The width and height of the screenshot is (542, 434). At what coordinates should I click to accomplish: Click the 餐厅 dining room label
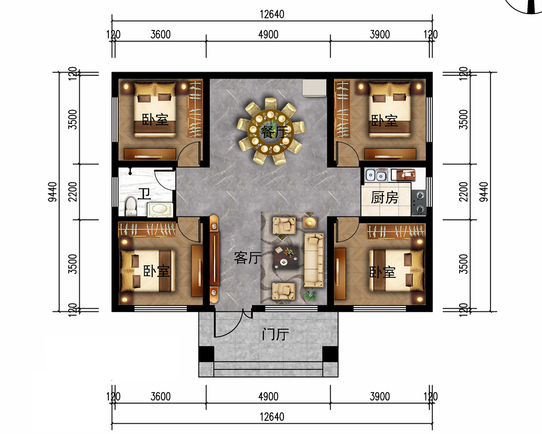click(274, 132)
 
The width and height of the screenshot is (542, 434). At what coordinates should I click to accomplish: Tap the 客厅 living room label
click(248, 258)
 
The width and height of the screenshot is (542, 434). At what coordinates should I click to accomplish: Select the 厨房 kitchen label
click(385, 197)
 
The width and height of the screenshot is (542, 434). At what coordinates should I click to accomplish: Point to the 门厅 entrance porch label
click(275, 335)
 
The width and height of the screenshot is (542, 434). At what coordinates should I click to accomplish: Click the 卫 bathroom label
click(144, 194)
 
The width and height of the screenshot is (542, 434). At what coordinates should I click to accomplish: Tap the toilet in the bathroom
click(131, 206)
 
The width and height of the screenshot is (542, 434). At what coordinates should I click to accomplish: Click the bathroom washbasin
click(160, 209)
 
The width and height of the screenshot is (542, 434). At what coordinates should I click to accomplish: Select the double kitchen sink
click(376, 175)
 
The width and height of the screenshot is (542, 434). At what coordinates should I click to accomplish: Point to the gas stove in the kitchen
click(420, 202)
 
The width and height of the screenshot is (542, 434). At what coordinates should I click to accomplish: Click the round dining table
click(270, 131)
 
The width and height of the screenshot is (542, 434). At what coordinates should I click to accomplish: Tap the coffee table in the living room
click(286, 258)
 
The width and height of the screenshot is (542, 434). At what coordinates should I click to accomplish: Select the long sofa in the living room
click(314, 260)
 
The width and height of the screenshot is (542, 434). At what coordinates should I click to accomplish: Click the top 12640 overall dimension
click(272, 14)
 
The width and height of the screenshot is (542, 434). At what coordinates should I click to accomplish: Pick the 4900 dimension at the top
click(268, 34)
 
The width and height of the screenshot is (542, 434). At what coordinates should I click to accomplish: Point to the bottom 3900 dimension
click(380, 396)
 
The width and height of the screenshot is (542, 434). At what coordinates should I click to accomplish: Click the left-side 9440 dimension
click(52, 192)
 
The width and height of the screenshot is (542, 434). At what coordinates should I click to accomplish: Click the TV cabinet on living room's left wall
click(215, 259)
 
